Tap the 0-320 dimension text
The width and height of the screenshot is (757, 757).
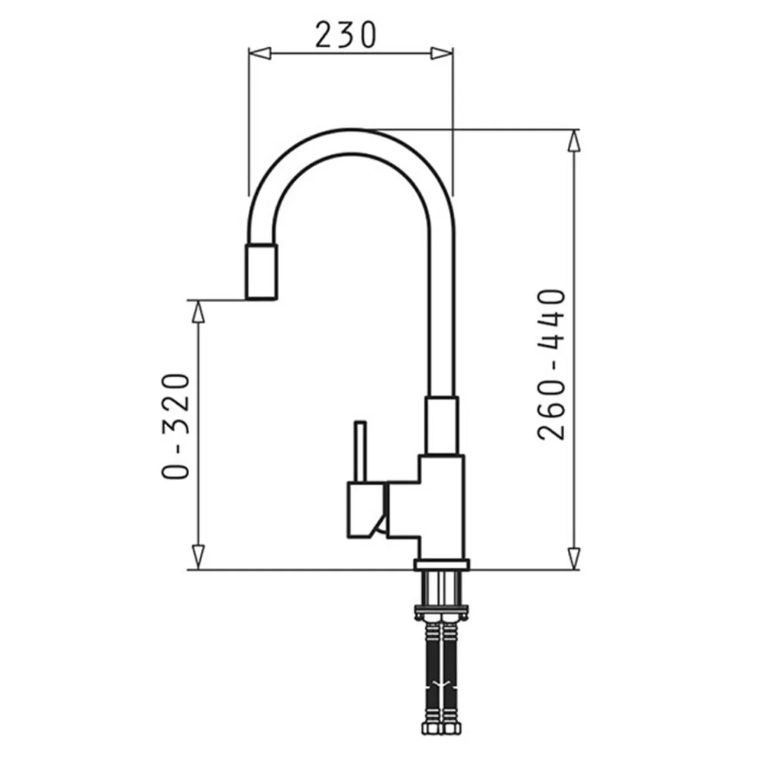176,426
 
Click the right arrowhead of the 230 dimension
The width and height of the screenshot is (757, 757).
442,53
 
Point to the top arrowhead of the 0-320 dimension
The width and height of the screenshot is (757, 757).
199,312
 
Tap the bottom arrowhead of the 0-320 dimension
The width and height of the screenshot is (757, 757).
199,557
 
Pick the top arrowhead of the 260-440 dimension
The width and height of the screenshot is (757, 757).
574,141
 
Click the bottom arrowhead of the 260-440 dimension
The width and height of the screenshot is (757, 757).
574,557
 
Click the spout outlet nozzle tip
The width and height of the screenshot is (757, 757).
261,272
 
